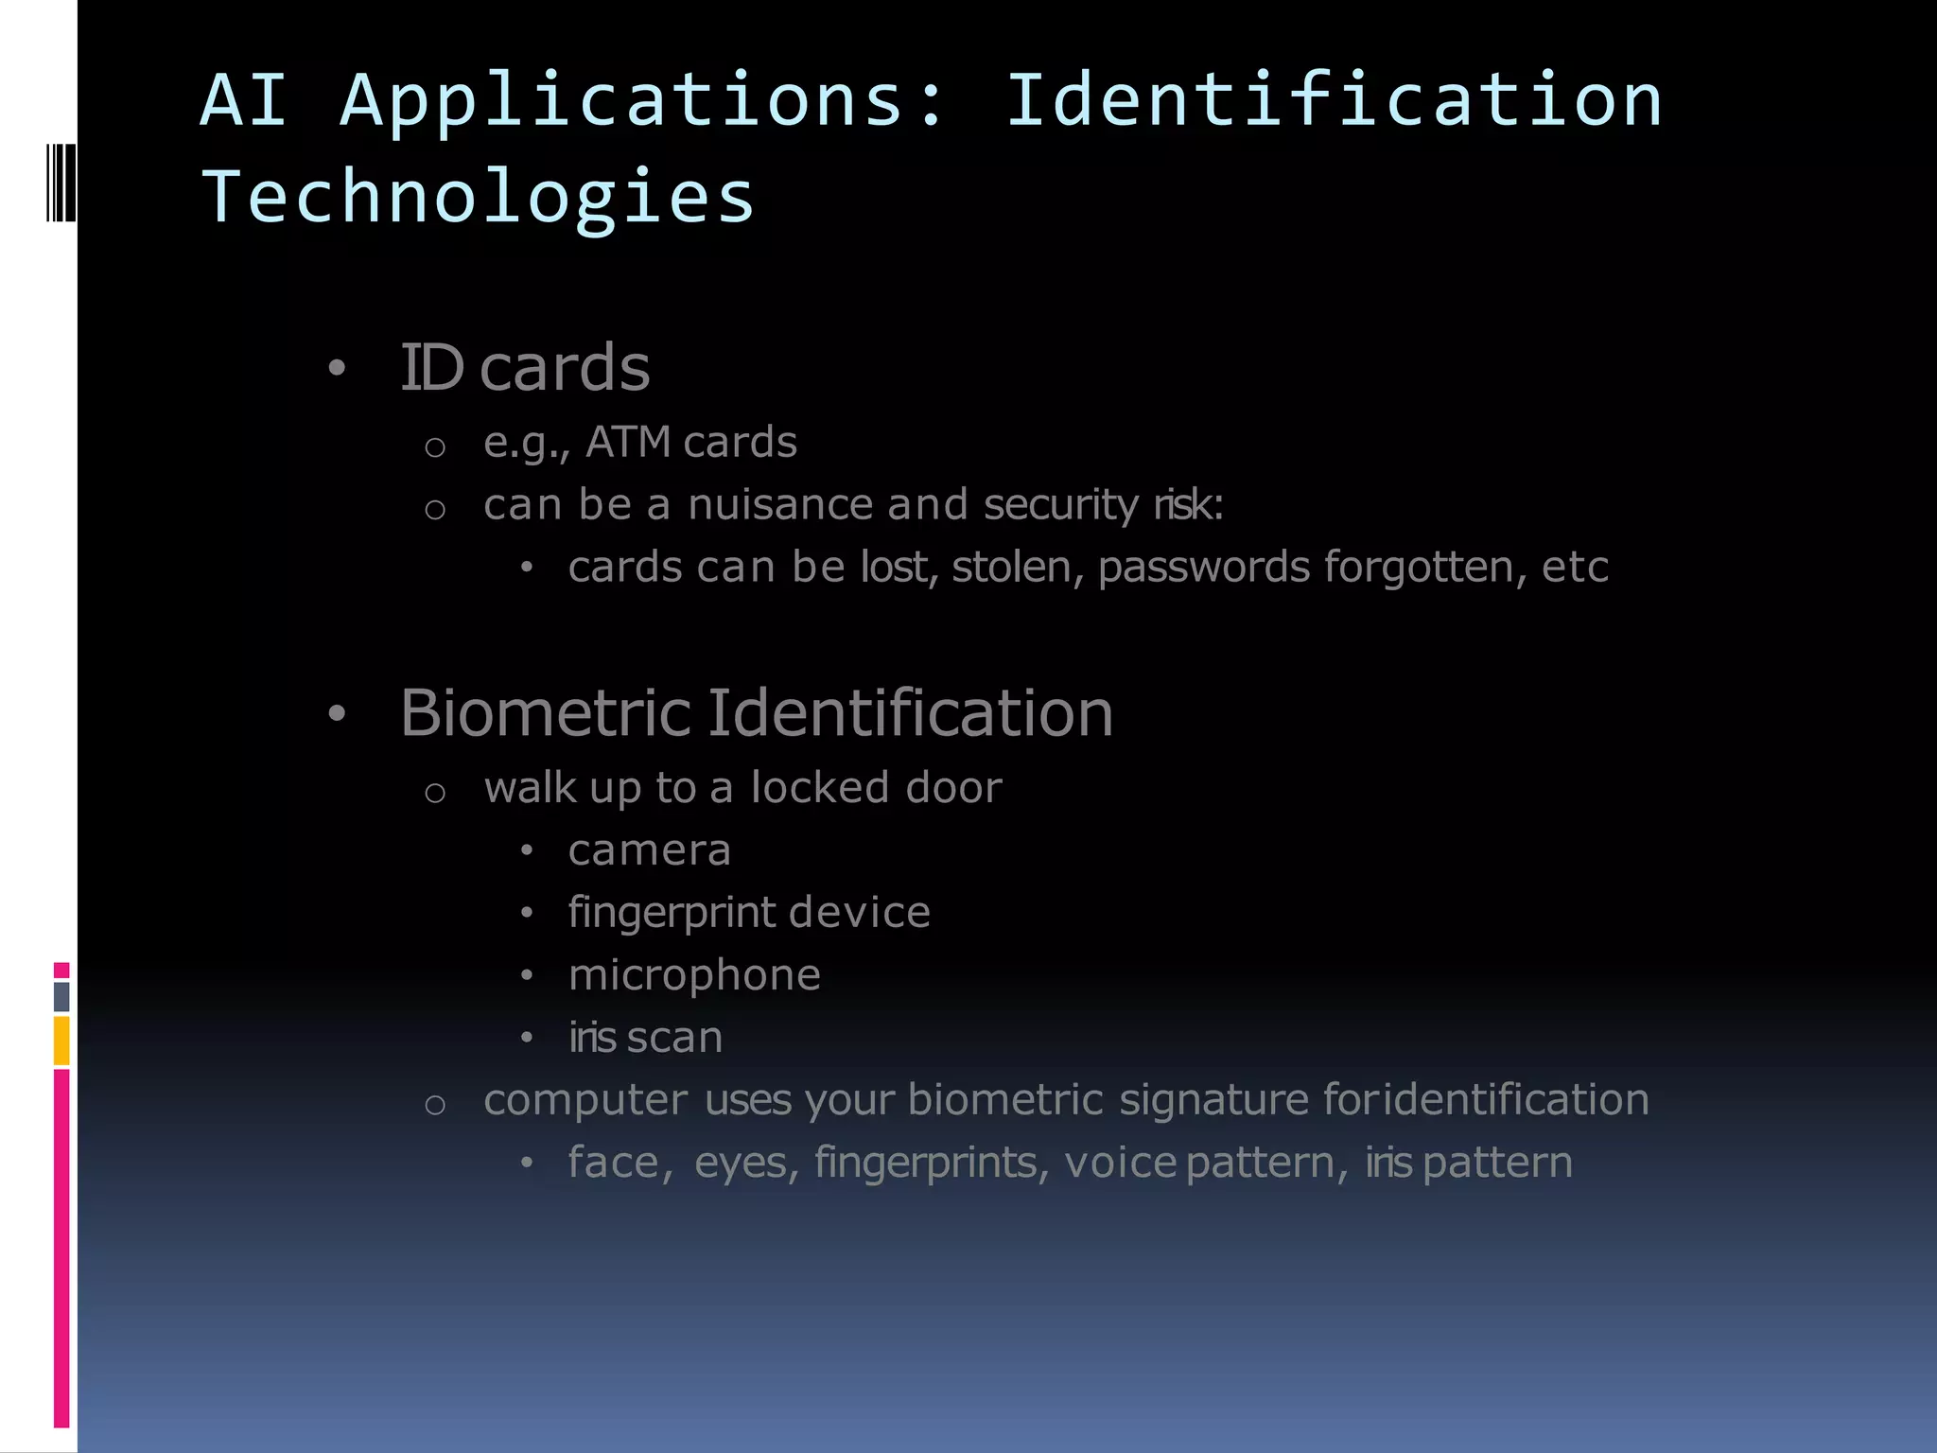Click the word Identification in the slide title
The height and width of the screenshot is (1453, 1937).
1334,99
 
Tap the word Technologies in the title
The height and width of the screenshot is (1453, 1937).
478,197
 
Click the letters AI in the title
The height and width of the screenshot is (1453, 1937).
243,99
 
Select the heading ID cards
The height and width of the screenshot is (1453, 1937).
525,367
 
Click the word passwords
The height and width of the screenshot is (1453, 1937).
1204,568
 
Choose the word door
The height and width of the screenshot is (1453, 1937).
953,788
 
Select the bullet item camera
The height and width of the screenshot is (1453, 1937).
650,850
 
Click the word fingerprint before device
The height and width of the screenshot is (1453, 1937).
672,914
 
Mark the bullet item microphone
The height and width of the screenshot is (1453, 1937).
694,975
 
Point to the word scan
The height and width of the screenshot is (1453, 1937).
674,1038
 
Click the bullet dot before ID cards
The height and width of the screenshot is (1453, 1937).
337,368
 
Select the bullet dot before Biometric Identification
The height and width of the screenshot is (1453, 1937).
337,714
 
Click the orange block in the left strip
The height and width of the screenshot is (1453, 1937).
61,1041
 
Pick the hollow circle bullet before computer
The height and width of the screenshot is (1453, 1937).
435,1104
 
